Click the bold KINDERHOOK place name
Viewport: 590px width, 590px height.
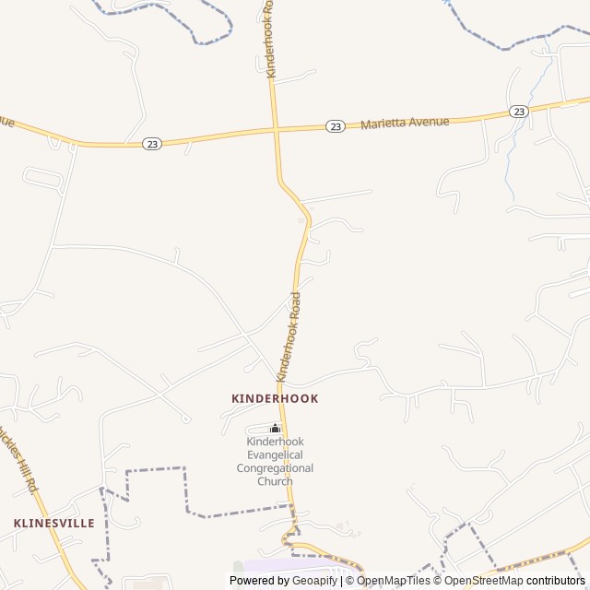coord(275,398)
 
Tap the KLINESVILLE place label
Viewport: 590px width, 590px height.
coord(54,523)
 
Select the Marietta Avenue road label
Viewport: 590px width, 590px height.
coord(405,122)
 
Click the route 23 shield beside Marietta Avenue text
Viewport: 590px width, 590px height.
coord(336,125)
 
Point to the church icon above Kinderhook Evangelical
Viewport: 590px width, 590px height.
coord(275,428)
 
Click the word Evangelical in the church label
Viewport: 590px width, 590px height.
coord(275,454)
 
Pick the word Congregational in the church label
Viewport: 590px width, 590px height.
coord(275,467)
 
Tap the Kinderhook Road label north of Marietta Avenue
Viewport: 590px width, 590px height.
coord(269,41)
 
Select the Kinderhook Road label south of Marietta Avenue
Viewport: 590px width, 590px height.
coord(289,338)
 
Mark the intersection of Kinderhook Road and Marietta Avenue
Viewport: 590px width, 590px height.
coord(275,131)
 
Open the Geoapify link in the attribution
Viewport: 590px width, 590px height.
coord(315,581)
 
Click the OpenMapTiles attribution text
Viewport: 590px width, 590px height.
coord(394,581)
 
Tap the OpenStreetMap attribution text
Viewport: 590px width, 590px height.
coord(483,581)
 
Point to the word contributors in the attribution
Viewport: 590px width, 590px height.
coord(557,581)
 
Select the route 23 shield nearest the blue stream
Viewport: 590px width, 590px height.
coord(519,112)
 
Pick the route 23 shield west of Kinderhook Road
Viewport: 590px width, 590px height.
coord(151,143)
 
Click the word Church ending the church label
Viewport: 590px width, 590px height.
coord(275,480)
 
